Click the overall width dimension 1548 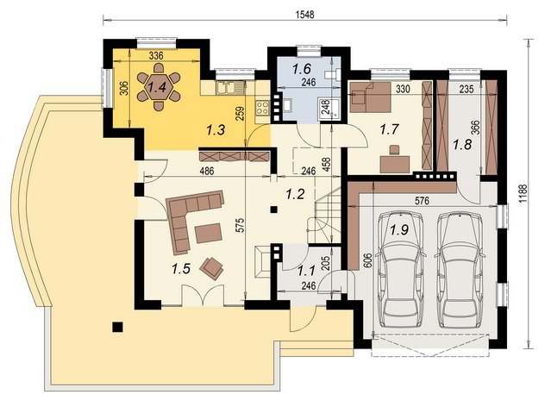(x=304, y=15)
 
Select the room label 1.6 (x=303, y=68)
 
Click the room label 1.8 (x=461, y=144)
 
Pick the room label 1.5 (x=181, y=269)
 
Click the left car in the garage (x=399, y=270)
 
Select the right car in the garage (x=460, y=270)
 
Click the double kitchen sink (x=226, y=87)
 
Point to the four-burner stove (x=263, y=109)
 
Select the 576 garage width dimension (x=422, y=200)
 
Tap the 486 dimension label (x=206, y=172)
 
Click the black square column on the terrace (x=117, y=327)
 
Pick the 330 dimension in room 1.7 (x=403, y=90)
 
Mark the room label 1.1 (x=306, y=271)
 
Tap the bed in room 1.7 (x=370, y=97)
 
